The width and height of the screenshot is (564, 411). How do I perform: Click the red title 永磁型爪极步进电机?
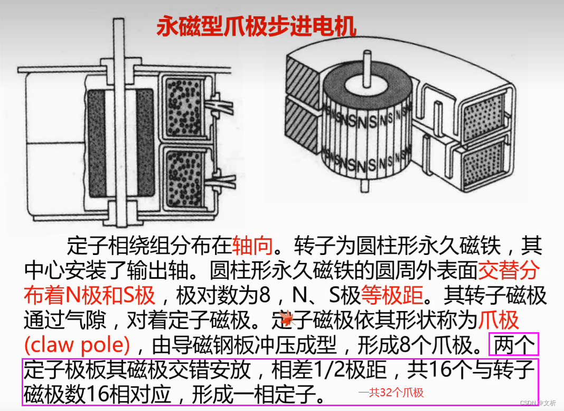point(257,25)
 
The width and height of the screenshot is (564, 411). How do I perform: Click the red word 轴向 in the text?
point(252,245)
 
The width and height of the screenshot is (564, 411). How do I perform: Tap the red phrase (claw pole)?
point(77,345)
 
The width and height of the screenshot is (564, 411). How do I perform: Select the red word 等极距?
point(392,295)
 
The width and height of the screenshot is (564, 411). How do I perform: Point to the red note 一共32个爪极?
point(391,392)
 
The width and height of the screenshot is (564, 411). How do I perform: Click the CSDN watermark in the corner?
point(538,403)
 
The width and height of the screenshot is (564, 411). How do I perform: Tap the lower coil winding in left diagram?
point(184,179)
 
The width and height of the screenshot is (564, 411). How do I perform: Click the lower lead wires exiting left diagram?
point(221,179)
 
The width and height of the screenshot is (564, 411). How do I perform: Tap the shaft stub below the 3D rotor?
point(365,186)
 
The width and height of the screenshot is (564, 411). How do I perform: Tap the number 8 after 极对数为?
point(265,295)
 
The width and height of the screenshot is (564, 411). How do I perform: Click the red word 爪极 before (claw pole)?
point(499,320)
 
